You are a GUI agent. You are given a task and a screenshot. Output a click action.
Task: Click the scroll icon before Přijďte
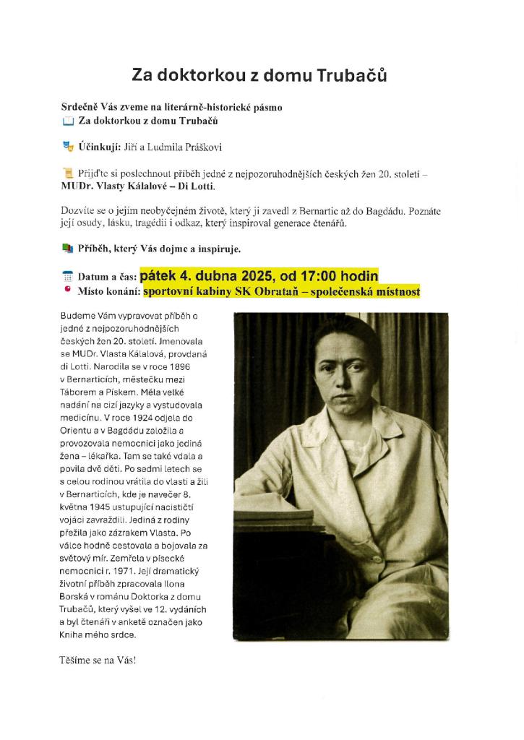click(x=69, y=172)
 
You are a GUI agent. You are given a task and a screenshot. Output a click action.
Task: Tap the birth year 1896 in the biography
click(x=186, y=366)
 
